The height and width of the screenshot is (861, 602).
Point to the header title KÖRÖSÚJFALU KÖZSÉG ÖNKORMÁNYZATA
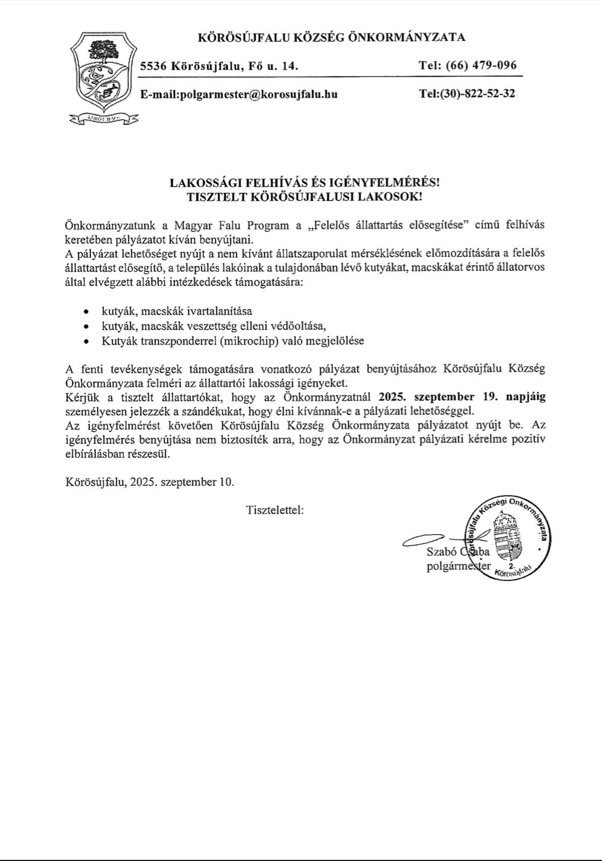coord(331,38)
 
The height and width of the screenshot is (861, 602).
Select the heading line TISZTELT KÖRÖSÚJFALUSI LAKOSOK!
coord(304,197)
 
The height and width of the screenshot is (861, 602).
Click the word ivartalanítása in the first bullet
coord(218,311)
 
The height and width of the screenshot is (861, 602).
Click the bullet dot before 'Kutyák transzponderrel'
coord(86,341)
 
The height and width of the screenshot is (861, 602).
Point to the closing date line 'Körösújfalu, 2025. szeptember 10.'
coord(150,482)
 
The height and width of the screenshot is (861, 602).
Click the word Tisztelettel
coord(275,510)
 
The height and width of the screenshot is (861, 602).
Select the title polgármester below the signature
coord(458,566)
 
